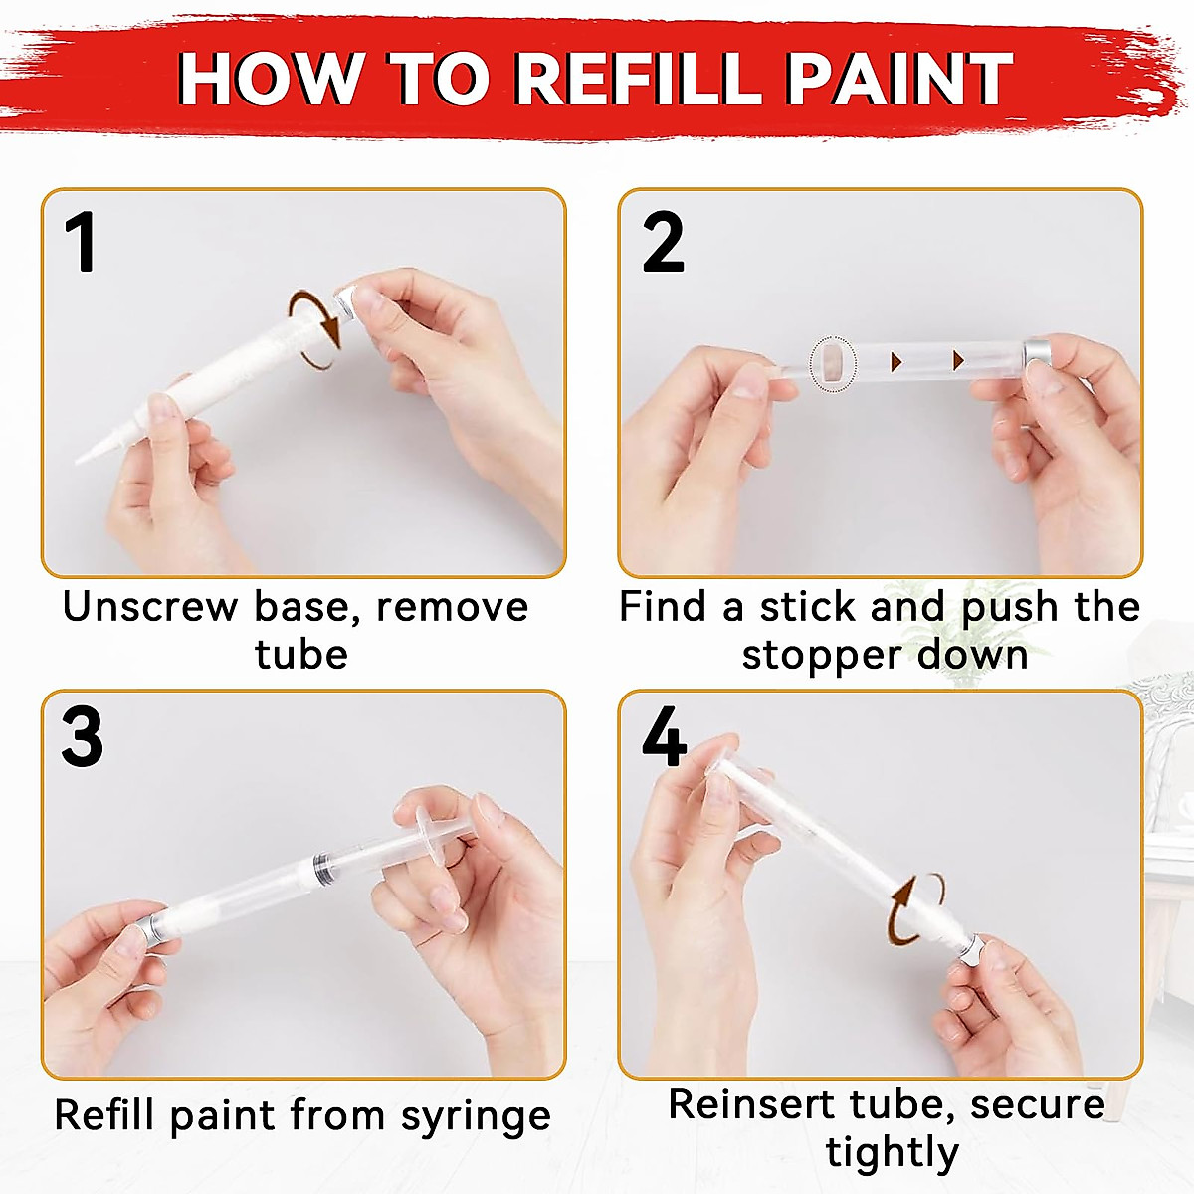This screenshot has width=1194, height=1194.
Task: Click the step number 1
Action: coord(81,243)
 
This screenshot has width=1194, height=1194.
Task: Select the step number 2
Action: coord(664,243)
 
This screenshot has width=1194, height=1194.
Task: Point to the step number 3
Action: coord(82,737)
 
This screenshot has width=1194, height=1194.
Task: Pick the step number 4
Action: coord(664,737)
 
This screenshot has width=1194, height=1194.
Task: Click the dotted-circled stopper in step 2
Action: coord(832,363)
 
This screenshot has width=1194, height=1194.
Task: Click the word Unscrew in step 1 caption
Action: coord(150,607)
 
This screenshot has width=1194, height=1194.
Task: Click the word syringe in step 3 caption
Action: coord(476,1116)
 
